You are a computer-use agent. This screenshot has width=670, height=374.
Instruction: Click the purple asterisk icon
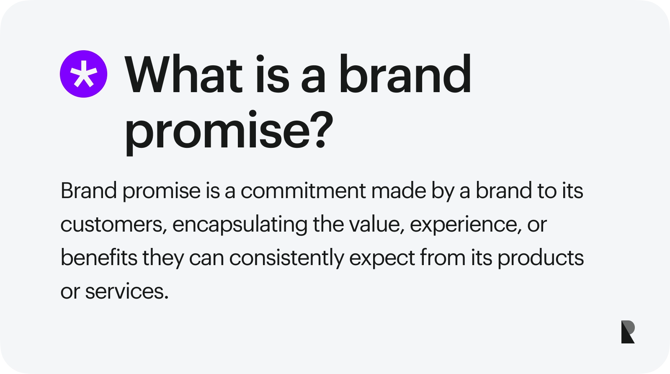[83, 74]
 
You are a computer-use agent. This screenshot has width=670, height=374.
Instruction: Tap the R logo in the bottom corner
[628, 332]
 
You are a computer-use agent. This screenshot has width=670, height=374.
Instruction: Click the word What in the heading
[184, 75]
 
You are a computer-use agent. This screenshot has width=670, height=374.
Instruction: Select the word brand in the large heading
[405, 75]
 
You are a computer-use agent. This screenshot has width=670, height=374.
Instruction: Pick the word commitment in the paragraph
[303, 191]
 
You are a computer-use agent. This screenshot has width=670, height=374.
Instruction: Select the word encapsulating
[240, 225]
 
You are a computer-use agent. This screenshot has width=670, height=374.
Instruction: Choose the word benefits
[99, 258]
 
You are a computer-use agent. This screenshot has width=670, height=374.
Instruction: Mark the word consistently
[286, 258]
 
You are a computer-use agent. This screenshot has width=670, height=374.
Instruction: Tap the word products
[541, 258]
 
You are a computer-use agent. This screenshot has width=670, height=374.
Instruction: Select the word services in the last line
[126, 291]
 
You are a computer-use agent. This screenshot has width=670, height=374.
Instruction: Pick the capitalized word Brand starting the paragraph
[89, 191]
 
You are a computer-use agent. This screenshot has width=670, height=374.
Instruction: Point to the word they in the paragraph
[163, 258]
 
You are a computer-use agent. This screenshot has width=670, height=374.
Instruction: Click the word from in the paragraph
[443, 258]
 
